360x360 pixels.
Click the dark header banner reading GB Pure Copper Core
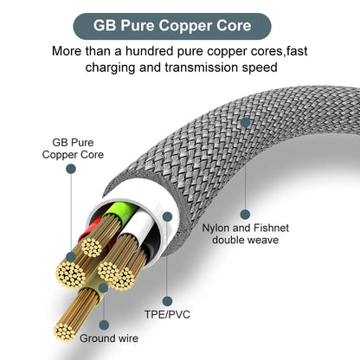[179, 25]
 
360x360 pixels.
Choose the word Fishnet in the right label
[262, 227]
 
